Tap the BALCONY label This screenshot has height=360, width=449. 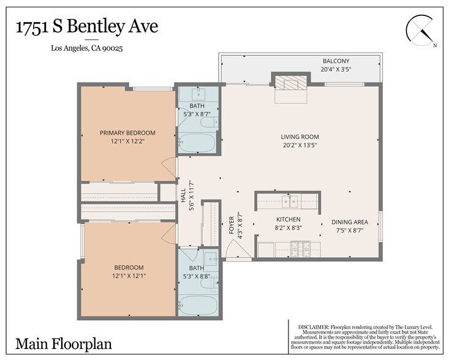336,61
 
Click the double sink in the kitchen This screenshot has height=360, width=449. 290,200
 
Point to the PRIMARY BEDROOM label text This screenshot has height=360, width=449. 127,133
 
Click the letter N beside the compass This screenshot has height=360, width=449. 435,45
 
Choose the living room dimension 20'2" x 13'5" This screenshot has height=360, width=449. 300,146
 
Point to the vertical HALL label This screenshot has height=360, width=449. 183,194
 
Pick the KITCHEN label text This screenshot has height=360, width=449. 288,219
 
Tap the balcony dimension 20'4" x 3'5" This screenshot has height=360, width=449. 336,70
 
